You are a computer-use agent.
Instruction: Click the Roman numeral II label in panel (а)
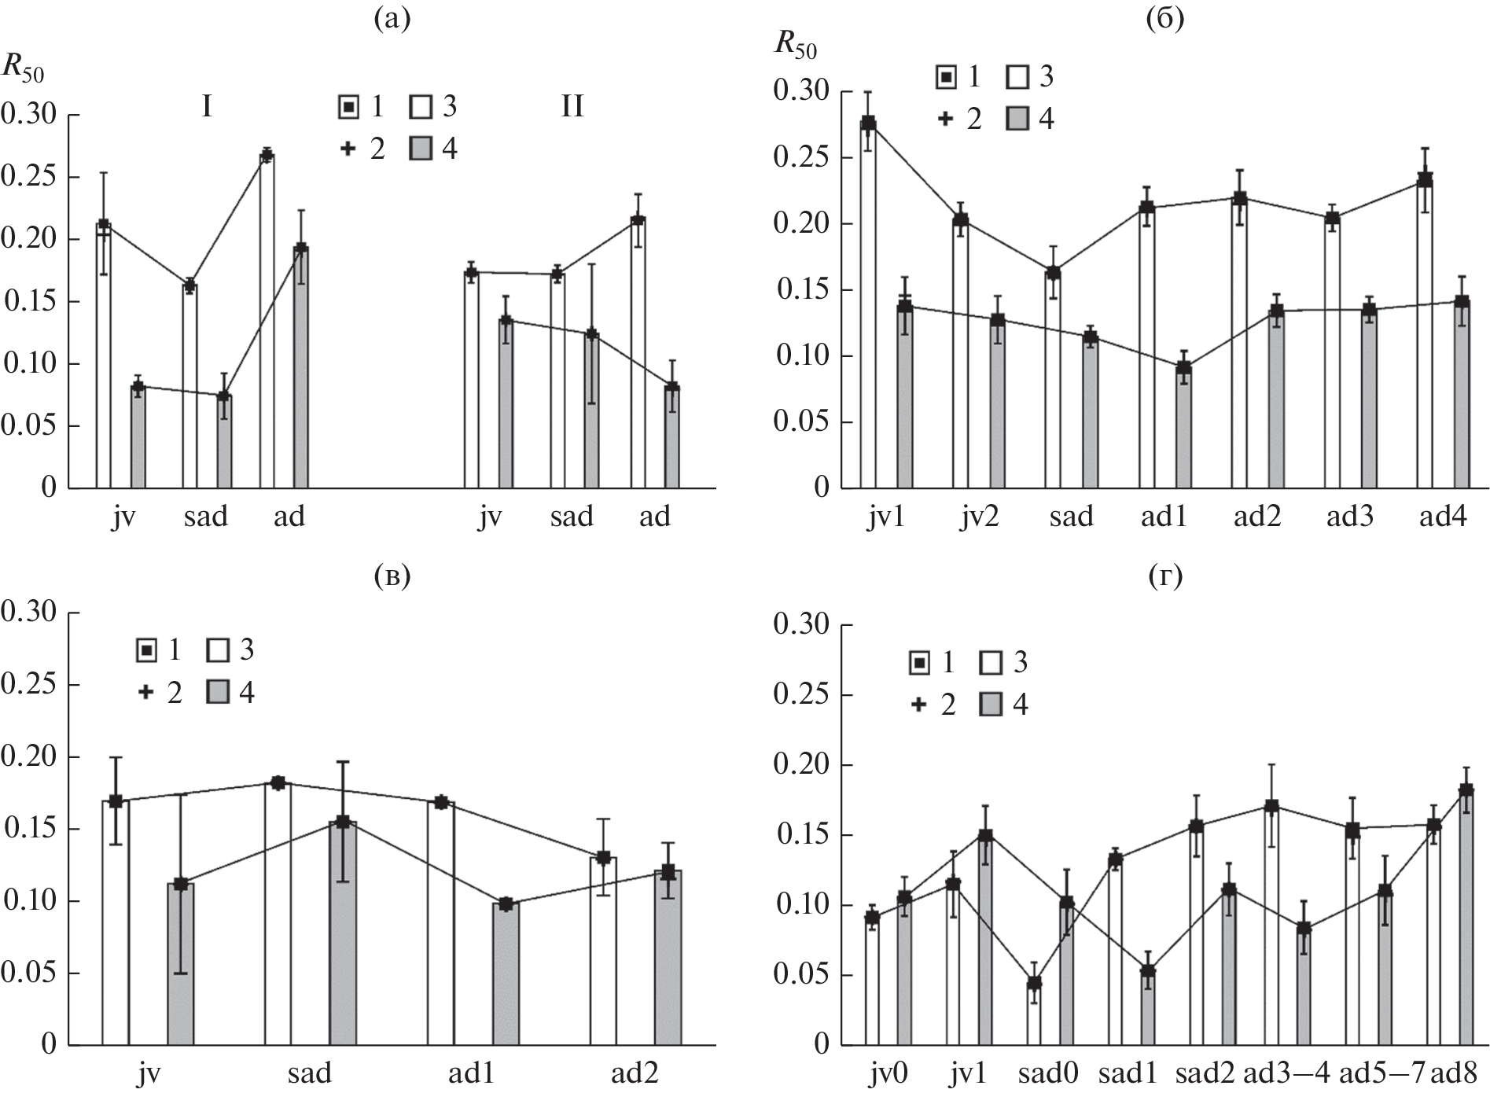pyautogui.click(x=572, y=106)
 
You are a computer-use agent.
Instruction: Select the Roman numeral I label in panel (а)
pyautogui.click(x=207, y=106)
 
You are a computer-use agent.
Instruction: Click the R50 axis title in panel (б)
pyautogui.click(x=795, y=45)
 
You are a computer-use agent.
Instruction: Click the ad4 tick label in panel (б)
pyautogui.click(x=1444, y=517)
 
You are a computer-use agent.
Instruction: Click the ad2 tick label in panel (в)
pyautogui.click(x=634, y=1073)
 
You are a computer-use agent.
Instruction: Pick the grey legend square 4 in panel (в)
pyautogui.click(x=218, y=693)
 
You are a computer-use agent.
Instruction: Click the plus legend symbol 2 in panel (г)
pyautogui.click(x=918, y=705)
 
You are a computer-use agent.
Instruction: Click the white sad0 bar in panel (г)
pyautogui.click(x=1034, y=1014)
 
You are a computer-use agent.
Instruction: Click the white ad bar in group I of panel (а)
pyautogui.click(x=267, y=322)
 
